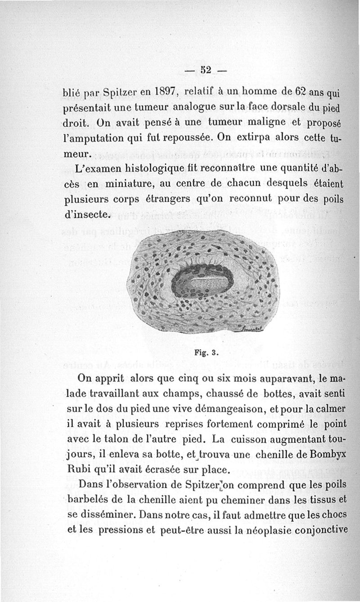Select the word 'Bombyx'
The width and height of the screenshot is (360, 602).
[x=327, y=454]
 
